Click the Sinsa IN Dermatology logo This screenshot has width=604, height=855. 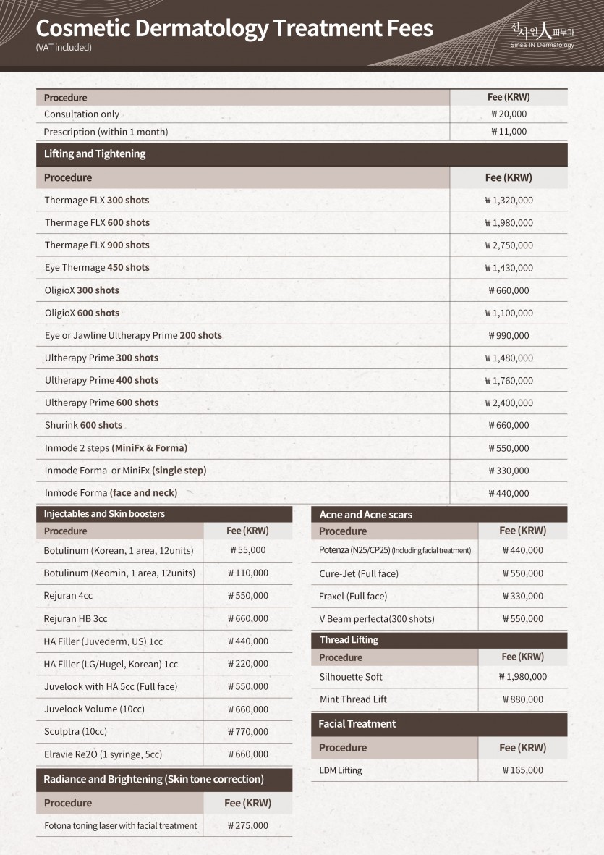[542, 35]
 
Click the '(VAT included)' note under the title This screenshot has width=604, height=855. [64, 48]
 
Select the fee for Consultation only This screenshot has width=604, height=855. [509, 114]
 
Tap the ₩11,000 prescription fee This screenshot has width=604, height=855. [509, 132]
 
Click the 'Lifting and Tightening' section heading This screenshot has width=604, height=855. [95, 153]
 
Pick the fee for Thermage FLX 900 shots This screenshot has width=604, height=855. [509, 245]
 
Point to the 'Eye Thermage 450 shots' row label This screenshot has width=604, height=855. [97, 268]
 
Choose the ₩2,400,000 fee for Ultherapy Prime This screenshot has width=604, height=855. [509, 403]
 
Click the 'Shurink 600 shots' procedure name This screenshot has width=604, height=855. [83, 426]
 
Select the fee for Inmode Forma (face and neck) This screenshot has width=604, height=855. [509, 494]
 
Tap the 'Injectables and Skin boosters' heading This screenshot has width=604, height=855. [104, 514]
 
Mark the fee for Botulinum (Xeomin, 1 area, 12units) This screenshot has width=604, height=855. [247, 573]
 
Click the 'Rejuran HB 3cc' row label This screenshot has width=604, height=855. [75, 619]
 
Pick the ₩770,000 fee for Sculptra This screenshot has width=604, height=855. [247, 732]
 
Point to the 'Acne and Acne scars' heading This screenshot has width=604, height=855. [366, 515]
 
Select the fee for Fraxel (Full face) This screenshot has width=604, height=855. [522, 597]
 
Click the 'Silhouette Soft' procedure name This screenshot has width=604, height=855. [351, 677]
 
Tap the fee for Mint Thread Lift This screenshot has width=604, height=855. [522, 700]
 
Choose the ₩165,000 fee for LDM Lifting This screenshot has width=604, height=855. [522, 771]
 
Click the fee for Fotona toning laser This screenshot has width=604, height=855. [247, 826]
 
